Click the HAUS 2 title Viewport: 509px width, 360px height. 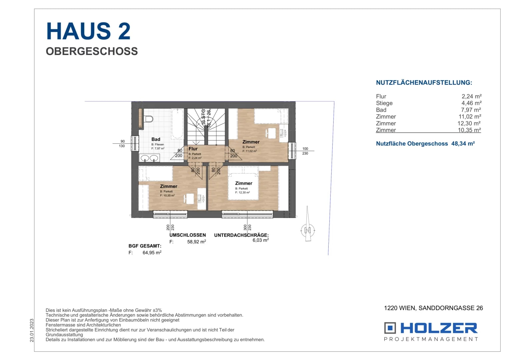[88, 31]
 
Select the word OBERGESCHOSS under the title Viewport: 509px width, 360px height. [92, 51]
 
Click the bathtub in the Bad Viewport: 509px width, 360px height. [177, 124]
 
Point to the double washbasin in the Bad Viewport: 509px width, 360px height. [149, 158]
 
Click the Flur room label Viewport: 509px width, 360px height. [193, 149]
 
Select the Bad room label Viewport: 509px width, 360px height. [156, 139]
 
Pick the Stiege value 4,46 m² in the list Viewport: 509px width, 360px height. [472, 103]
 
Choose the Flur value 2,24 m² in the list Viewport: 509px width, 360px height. [472, 96]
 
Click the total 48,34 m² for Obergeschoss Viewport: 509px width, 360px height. [463, 144]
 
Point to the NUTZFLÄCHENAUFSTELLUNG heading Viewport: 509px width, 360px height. [424, 83]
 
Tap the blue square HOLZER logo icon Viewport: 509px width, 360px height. [390, 328]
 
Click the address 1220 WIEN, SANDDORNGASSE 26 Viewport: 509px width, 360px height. [433, 308]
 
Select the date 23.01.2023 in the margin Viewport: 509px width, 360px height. [32, 330]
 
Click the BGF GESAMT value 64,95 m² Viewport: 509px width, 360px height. [152, 253]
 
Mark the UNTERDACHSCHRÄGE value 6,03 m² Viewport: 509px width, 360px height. [261, 240]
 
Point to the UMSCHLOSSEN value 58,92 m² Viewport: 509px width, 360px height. [197, 242]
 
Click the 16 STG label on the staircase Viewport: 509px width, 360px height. [203, 116]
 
